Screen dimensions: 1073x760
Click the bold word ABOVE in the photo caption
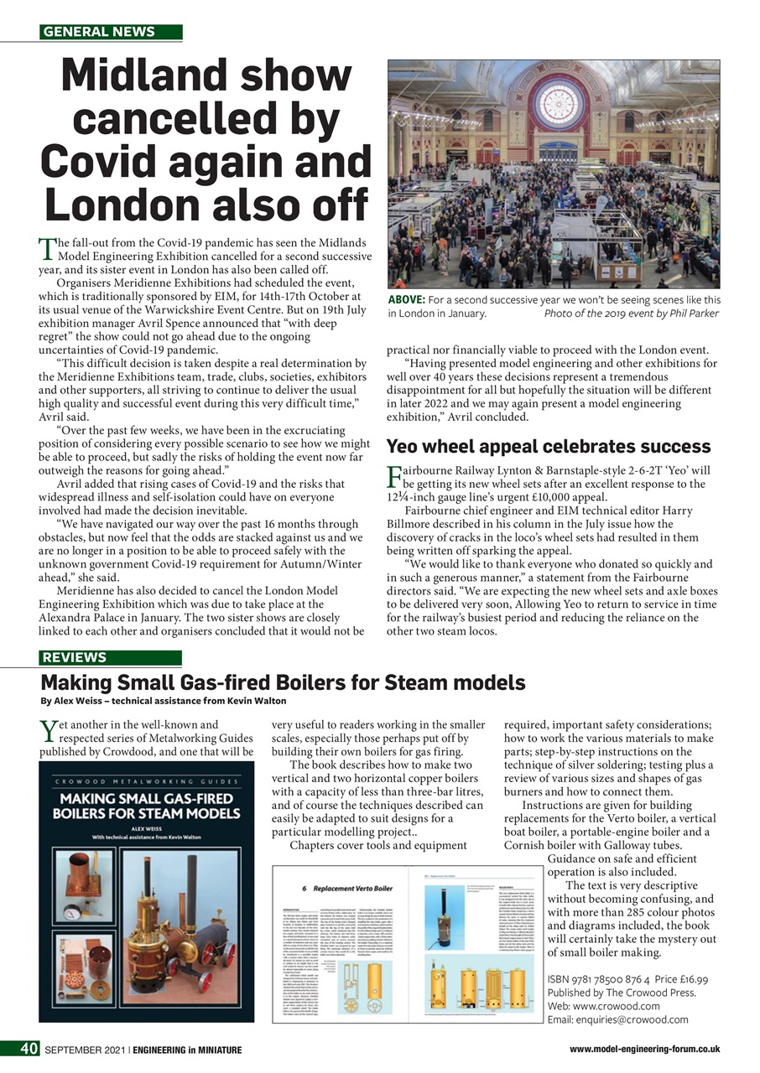(406, 300)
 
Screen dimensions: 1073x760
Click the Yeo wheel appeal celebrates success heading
(548, 446)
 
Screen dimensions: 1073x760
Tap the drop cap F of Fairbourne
(394, 477)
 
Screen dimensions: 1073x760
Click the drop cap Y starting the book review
(49, 731)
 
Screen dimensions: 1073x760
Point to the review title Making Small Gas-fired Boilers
(283, 682)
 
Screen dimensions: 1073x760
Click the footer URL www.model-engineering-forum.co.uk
(644, 1049)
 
